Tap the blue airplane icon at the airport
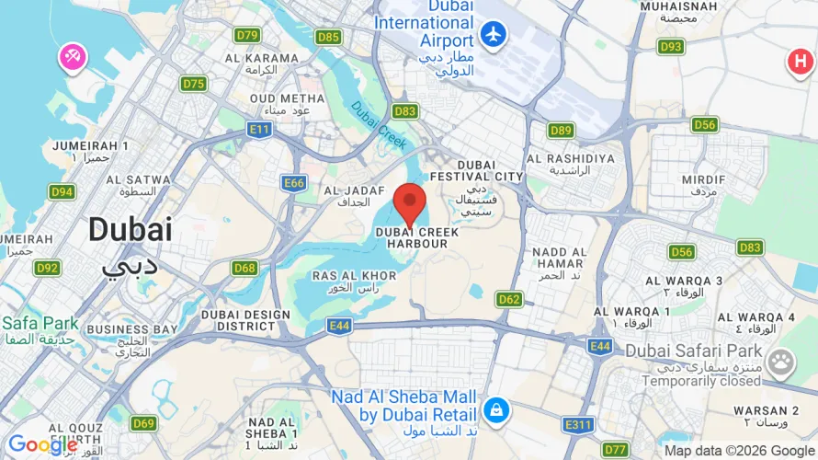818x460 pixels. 494,35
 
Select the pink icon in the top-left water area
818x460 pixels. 72,57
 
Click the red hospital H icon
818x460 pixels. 801,63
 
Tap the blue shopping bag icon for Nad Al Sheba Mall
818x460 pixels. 495,409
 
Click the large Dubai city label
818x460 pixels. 130,230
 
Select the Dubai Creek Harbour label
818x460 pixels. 416,238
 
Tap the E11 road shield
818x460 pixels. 260,130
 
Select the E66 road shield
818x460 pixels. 294,183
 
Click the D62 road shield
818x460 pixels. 509,299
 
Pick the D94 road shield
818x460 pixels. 62,191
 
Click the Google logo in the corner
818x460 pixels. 42,445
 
